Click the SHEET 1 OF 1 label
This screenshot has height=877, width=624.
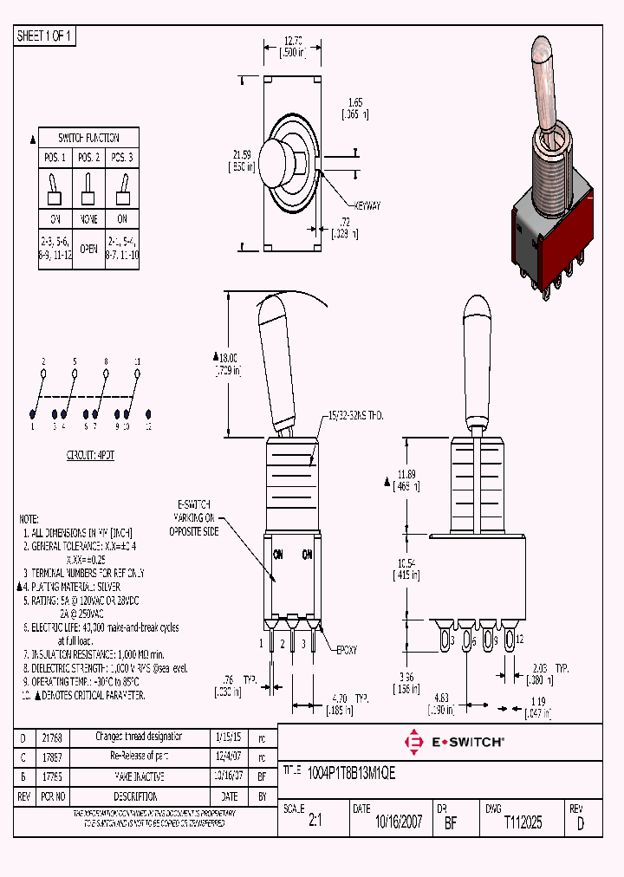tap(46, 36)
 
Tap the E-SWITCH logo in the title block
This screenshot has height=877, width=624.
tap(454, 742)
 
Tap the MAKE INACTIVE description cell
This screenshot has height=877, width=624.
tap(139, 776)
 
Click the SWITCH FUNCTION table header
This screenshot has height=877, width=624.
tap(88, 138)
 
